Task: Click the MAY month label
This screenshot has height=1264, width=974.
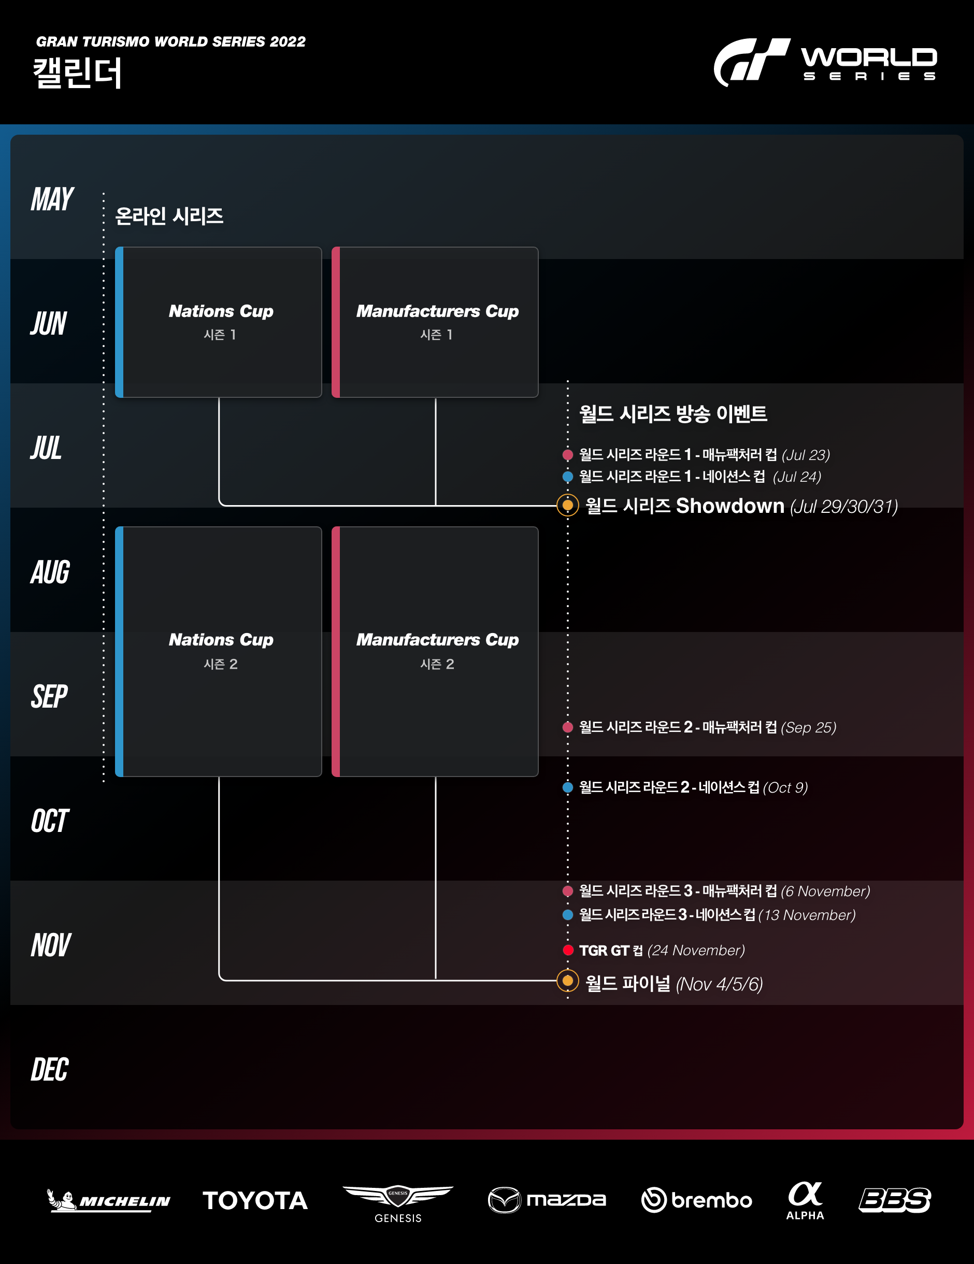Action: pyautogui.click(x=52, y=199)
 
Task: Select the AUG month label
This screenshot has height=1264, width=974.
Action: pyautogui.click(x=50, y=572)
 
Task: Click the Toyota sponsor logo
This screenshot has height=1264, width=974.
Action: pyautogui.click(x=255, y=1200)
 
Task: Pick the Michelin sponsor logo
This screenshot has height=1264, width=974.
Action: pyautogui.click(x=109, y=1200)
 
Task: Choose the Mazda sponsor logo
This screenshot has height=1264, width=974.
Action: pyautogui.click(x=547, y=1200)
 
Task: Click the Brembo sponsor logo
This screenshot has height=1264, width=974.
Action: pyautogui.click(x=697, y=1200)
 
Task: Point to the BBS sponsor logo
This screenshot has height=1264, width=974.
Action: pyautogui.click(x=895, y=1200)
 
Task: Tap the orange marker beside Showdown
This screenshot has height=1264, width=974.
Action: pyautogui.click(x=568, y=505)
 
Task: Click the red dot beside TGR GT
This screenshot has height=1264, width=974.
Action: pyautogui.click(x=568, y=950)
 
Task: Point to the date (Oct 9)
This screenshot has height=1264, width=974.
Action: pyautogui.click(x=785, y=788)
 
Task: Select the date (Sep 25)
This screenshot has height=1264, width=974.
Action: pyautogui.click(x=809, y=727)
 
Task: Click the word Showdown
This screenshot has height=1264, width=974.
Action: pyautogui.click(x=730, y=506)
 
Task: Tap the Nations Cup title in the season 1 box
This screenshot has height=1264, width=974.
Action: pyautogui.click(x=221, y=311)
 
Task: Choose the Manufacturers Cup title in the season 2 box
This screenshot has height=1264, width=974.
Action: pyautogui.click(x=437, y=640)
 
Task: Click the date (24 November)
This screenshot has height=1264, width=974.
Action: pyautogui.click(x=696, y=950)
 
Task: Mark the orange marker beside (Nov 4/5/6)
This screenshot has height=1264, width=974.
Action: pyautogui.click(x=568, y=981)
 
